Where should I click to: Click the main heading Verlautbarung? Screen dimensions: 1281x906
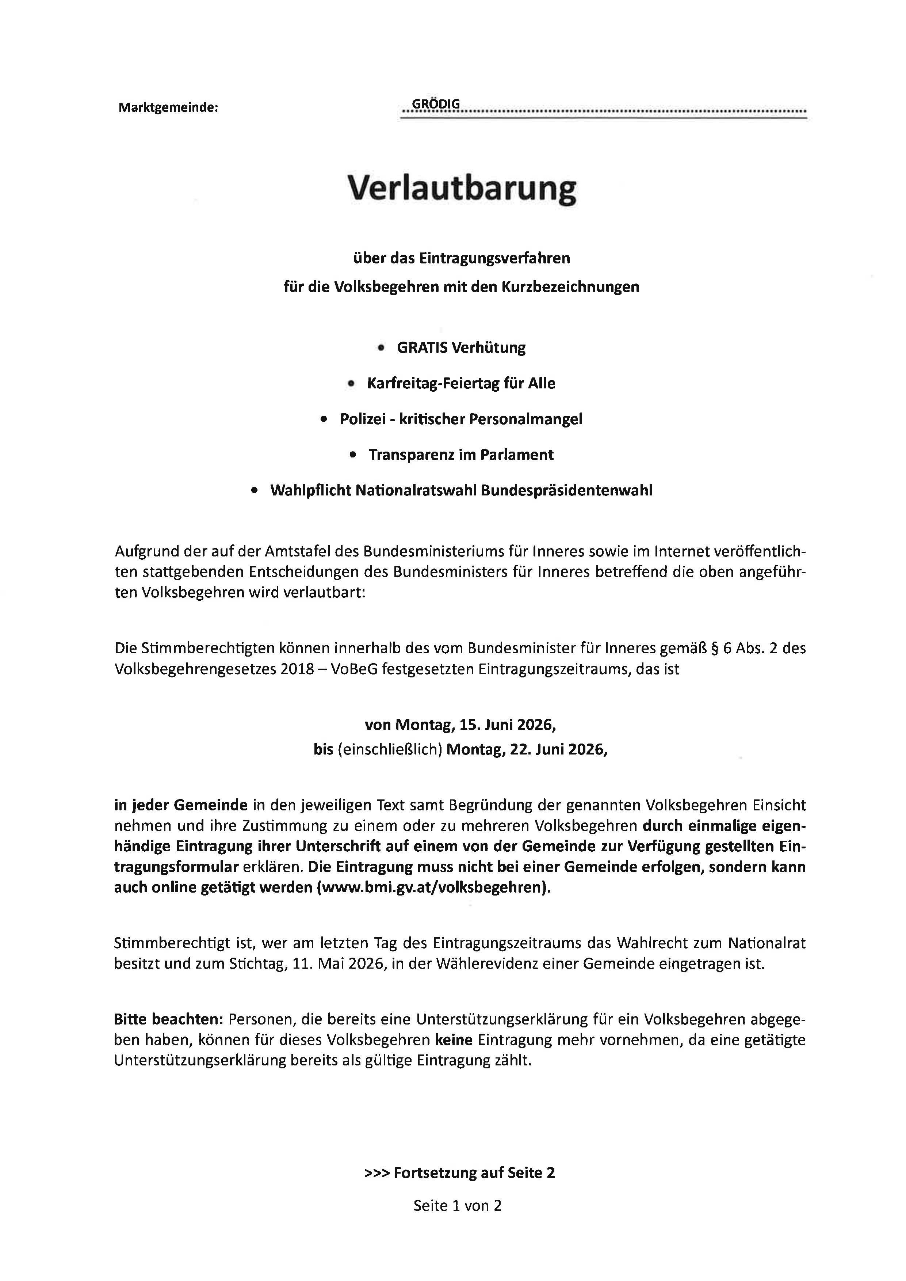[461, 189]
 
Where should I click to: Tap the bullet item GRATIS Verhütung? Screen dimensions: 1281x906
[461, 348]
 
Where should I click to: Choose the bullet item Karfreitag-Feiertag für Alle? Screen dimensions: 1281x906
[461, 384]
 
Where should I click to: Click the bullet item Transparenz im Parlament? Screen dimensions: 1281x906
[461, 455]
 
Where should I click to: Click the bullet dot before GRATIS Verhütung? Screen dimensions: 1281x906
[381, 348]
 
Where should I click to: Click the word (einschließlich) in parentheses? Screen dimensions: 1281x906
[389, 750]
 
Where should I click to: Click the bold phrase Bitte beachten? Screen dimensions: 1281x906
[168, 1020]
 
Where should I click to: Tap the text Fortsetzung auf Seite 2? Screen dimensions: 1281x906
[474, 1173]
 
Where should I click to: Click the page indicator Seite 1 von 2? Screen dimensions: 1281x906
[458, 1206]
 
